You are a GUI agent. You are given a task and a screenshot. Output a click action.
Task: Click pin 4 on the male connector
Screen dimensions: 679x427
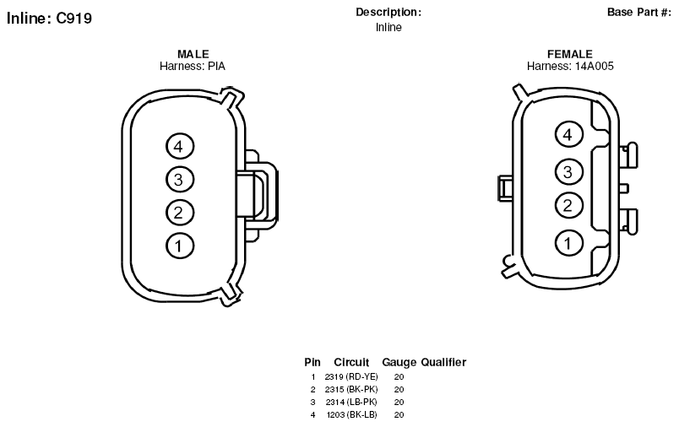180,146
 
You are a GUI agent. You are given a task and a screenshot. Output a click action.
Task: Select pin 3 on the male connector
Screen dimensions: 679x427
180,179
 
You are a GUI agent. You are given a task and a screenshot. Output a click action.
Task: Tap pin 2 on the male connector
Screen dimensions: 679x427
180,213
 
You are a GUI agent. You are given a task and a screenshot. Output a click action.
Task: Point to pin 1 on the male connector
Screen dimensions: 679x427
180,246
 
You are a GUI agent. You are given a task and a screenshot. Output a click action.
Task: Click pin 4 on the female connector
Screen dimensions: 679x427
569,134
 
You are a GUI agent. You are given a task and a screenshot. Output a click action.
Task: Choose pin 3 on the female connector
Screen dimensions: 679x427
569,171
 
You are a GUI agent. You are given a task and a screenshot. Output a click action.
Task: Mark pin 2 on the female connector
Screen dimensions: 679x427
569,205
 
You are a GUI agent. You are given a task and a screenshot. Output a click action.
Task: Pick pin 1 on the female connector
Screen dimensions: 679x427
569,243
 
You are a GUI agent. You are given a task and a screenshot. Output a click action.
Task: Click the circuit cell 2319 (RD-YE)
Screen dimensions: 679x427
351,377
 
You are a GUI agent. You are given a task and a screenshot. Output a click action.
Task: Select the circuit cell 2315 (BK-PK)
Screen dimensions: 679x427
351,389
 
